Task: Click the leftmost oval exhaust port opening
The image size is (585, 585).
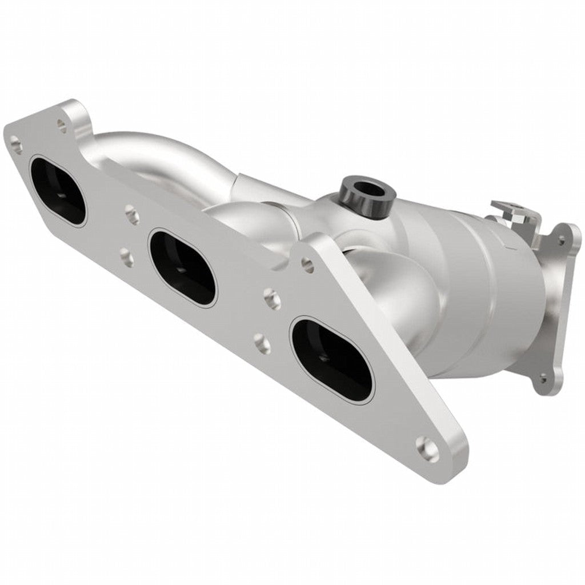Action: [x=58, y=190]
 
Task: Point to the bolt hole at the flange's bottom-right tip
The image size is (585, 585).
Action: [x=428, y=447]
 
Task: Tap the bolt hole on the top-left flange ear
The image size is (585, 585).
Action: [x=62, y=122]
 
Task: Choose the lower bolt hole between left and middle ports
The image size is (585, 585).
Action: [x=127, y=257]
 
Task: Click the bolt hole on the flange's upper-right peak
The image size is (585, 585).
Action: [x=307, y=264]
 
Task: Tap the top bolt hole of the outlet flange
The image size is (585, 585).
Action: [x=563, y=239]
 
